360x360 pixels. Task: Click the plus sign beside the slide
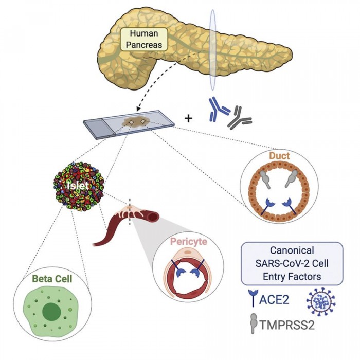[188, 118]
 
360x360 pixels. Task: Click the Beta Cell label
[49, 279]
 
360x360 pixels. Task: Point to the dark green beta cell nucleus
[50, 312]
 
